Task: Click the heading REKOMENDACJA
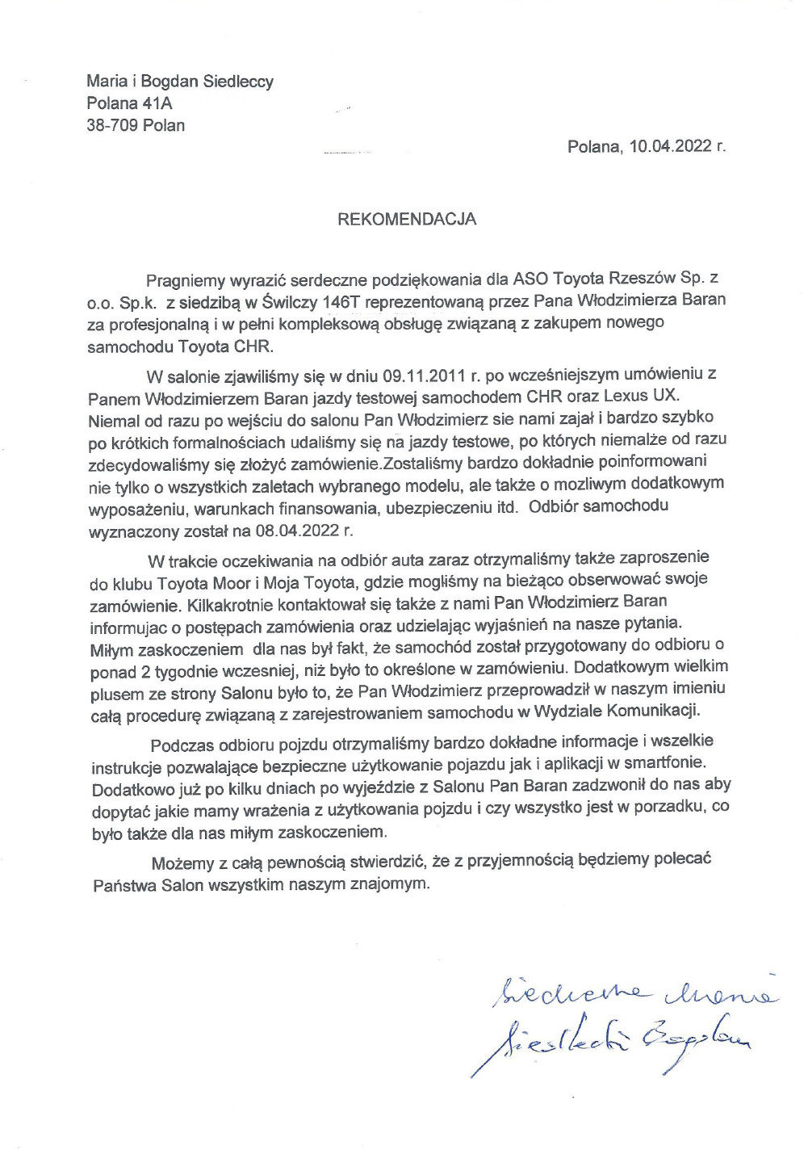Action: [x=406, y=219]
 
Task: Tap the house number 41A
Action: [x=157, y=103]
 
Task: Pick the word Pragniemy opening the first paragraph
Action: [x=184, y=279]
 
